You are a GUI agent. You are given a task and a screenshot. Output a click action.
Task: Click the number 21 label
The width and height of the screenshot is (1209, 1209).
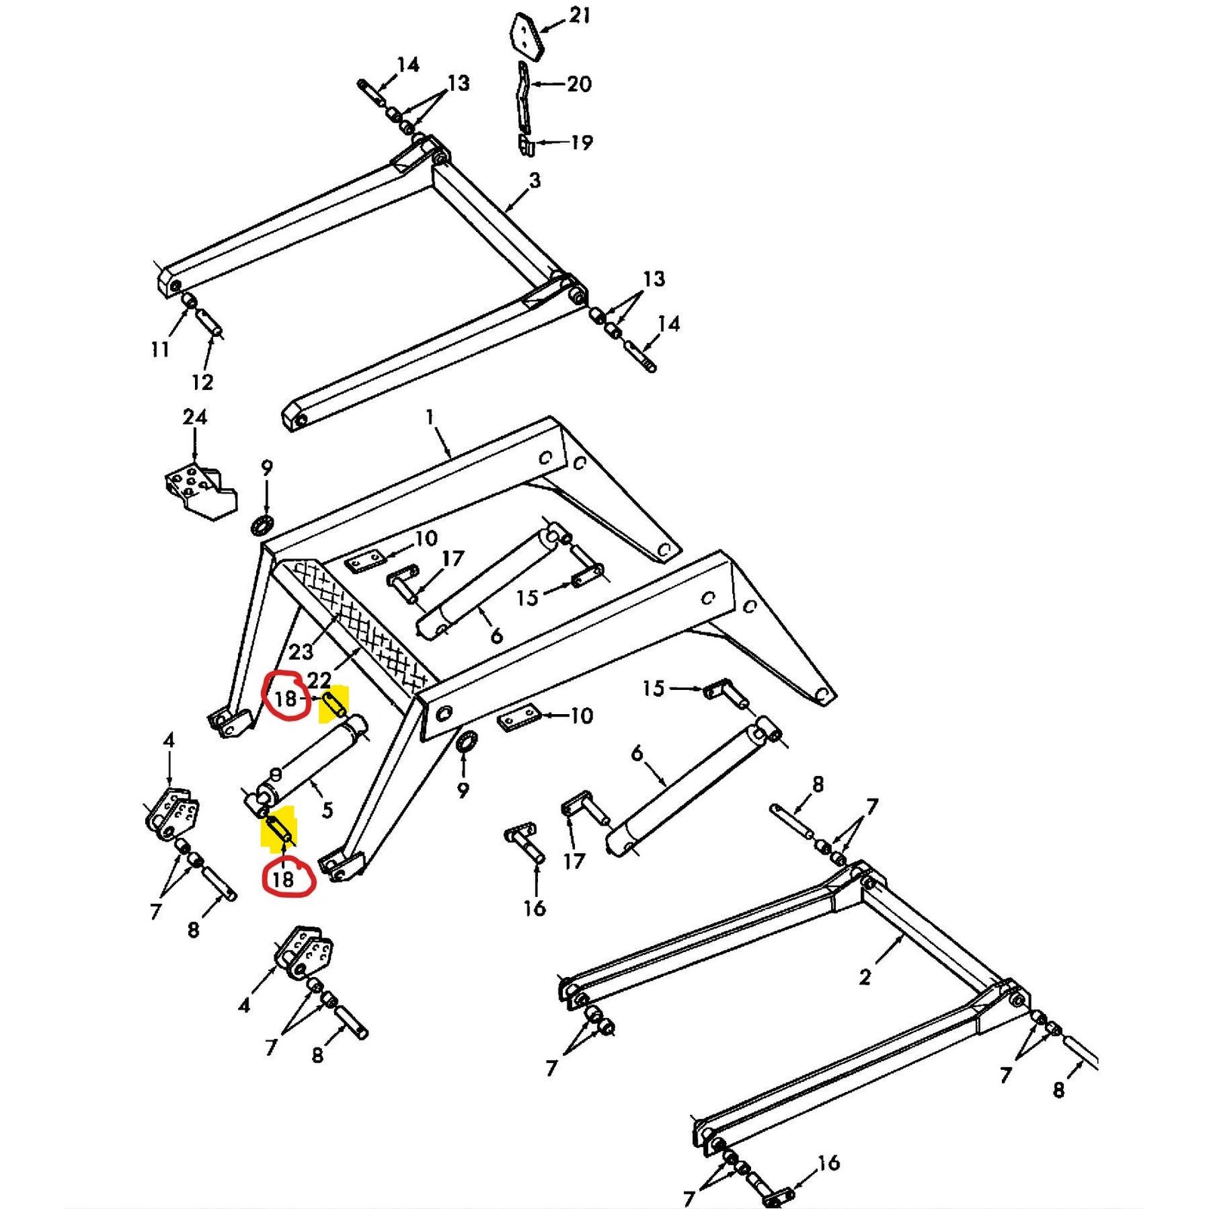pos(580,15)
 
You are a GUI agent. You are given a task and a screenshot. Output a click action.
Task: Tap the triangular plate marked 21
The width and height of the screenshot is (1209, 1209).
pos(527,36)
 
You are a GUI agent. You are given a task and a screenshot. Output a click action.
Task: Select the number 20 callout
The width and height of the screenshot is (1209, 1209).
pos(579,84)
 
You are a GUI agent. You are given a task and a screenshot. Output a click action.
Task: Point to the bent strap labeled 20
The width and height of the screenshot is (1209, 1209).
pos(523,98)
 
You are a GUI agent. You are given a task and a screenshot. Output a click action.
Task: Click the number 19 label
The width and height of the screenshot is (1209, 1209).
pos(581,142)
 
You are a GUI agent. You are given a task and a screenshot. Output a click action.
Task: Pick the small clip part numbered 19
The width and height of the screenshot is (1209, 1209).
pos(527,145)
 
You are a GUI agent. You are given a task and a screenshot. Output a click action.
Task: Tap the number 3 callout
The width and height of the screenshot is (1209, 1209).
pos(535,181)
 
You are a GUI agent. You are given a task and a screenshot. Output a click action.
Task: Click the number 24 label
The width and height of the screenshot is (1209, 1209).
pos(195,417)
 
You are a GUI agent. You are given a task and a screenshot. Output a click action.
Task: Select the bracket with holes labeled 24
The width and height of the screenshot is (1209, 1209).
pos(200,492)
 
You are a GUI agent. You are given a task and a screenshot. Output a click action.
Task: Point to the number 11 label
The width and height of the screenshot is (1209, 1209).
pos(159,350)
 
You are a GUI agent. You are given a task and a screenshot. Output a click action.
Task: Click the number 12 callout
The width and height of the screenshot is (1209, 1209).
pos(203,382)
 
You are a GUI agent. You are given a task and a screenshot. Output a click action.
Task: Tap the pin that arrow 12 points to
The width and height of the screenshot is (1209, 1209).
pos(210,320)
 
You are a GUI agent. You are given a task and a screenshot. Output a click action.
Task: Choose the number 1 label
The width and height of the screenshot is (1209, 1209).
pos(430,417)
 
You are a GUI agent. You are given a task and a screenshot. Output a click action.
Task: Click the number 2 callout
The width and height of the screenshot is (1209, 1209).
pos(865,977)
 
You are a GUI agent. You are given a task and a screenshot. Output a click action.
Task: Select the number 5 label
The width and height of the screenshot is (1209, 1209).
pos(327,810)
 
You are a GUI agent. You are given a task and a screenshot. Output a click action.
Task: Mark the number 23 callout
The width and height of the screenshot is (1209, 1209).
pos(301,652)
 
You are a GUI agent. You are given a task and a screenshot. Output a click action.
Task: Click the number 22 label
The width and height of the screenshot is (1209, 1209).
pos(319,681)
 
